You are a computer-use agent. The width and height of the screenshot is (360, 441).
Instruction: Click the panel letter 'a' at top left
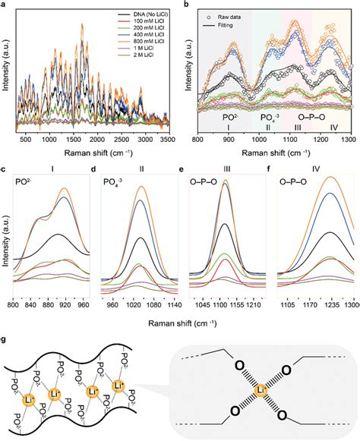pyautogui.click(x=5, y=5)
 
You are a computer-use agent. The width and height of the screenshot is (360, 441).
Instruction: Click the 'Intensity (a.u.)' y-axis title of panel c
pyautogui.click(x=5, y=239)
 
